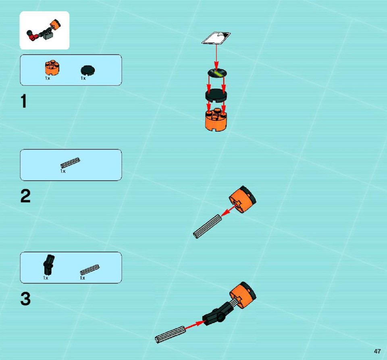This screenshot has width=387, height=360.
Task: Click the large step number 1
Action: coord(24,101)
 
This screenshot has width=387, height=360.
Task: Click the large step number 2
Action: coord(25,196)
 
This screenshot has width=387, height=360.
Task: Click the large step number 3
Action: coord(25,299)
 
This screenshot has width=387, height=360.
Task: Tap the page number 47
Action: coord(377,351)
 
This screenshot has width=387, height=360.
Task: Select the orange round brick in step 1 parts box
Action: coord(52,67)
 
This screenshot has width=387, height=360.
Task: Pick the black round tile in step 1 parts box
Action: coord(87,70)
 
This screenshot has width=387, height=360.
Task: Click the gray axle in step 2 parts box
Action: coord(70,163)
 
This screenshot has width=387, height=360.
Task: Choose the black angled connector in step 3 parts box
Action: coord(49,265)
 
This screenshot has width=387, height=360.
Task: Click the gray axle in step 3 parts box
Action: coord(90,270)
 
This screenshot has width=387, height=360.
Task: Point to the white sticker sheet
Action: coord(216,38)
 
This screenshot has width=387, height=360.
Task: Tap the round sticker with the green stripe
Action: coord(217,73)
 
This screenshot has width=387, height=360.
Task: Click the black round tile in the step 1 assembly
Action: coord(216,95)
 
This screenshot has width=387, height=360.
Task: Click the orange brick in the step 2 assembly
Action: coord(242,199)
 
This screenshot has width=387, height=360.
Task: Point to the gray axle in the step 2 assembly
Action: coord(207,226)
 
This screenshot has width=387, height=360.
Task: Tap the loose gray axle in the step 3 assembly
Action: coord(170,334)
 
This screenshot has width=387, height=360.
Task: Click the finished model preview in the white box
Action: coord(44,31)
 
